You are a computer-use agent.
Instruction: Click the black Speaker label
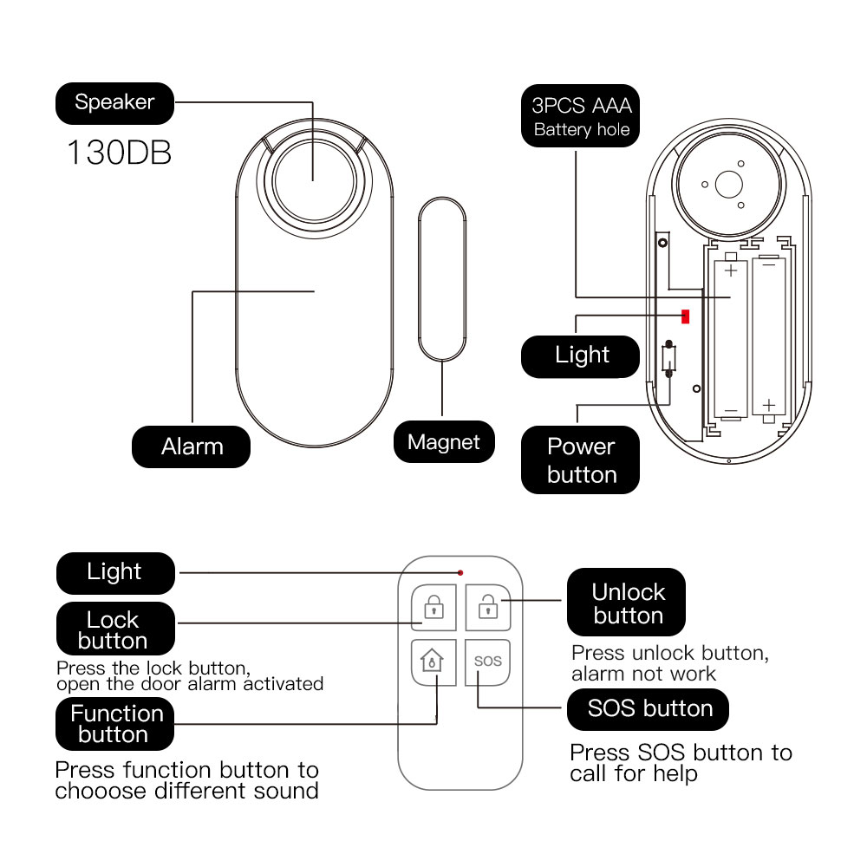click(114, 102)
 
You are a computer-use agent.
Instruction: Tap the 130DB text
click(119, 153)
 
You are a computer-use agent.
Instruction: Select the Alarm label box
click(192, 447)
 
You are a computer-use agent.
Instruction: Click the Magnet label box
click(444, 442)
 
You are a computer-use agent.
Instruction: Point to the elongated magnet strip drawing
click(443, 277)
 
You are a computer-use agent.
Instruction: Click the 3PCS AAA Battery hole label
click(581, 117)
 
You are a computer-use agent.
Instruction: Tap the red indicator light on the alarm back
click(685, 316)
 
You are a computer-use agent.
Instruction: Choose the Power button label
click(581, 460)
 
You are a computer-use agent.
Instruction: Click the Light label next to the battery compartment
click(581, 355)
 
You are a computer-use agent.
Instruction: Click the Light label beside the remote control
click(114, 572)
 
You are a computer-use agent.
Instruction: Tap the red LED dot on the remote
click(460, 573)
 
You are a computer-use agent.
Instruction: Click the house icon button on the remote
click(432, 662)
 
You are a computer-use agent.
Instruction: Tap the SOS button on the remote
click(488, 662)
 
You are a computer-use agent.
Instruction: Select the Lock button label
click(114, 630)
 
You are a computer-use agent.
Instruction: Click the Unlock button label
click(627, 603)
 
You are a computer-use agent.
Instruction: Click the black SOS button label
click(649, 708)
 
